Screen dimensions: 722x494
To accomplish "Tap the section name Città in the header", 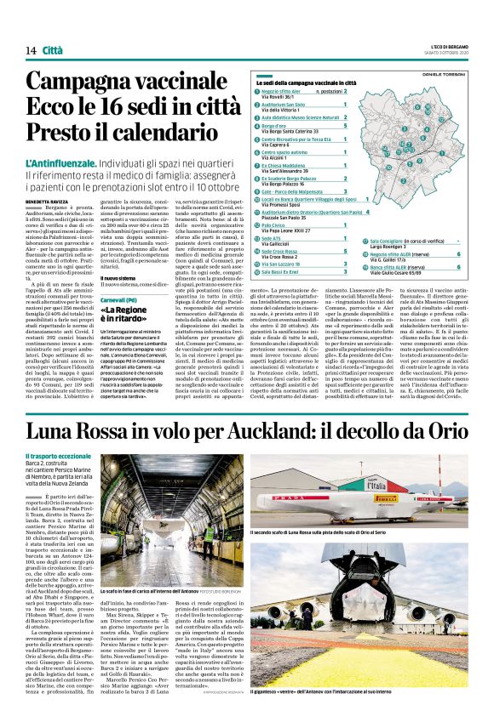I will tap(53, 51).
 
